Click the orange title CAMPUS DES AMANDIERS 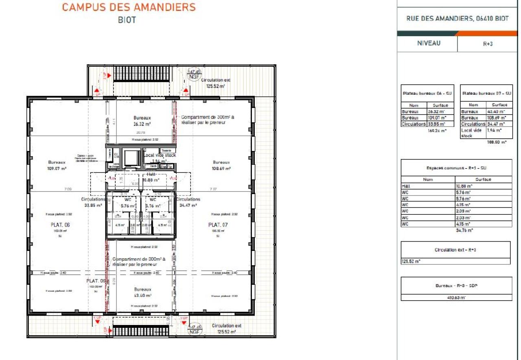pyautogui.click(x=129, y=7)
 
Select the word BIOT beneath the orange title pyautogui.click(x=127, y=20)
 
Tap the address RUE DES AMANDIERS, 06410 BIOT pyautogui.click(x=458, y=19)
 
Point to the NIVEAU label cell pyautogui.click(x=428, y=43)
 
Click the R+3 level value pyautogui.click(x=488, y=44)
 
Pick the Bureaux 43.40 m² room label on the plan pyautogui.click(x=143, y=292)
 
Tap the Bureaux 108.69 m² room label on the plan pyautogui.click(x=221, y=165)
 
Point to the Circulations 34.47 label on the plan pyautogui.click(x=188, y=203)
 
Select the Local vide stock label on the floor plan pyautogui.click(x=160, y=155)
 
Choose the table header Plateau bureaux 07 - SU pyautogui.click(x=486, y=94)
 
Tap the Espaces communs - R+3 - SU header pyautogui.click(x=456, y=168)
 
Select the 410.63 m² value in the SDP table pyautogui.click(x=456, y=297)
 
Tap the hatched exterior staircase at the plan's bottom pyautogui.click(x=140, y=331)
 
